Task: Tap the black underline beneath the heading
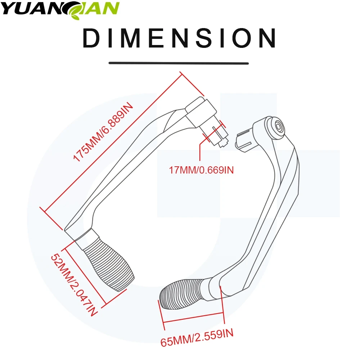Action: (x=179, y=63)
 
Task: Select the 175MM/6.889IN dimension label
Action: (x=103, y=132)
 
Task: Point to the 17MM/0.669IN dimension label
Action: (x=202, y=170)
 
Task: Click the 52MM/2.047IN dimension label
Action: (x=74, y=284)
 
